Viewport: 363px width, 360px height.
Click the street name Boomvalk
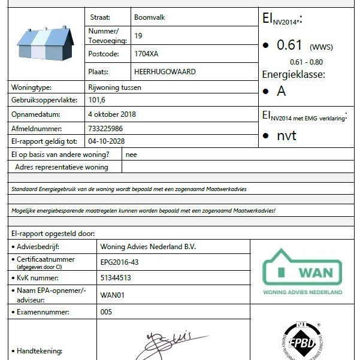pos(149,17)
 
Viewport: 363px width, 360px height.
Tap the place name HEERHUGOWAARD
pos(165,71)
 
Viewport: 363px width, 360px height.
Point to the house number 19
pos(138,35)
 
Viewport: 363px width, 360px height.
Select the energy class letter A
pos(281,92)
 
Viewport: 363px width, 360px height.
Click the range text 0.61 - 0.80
pos(306,62)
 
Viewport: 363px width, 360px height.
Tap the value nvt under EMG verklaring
pos(286,135)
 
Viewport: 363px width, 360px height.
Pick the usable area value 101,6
pos(96,100)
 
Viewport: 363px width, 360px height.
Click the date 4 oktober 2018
pos(112,114)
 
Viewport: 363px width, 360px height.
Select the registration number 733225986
pos(105,128)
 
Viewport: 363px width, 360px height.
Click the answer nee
pos(131,155)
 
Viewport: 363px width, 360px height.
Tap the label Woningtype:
pos(32,87)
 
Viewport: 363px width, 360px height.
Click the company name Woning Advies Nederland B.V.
pos(148,246)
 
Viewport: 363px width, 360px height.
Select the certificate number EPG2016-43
pos(119,262)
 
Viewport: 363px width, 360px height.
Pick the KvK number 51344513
pos(116,278)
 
